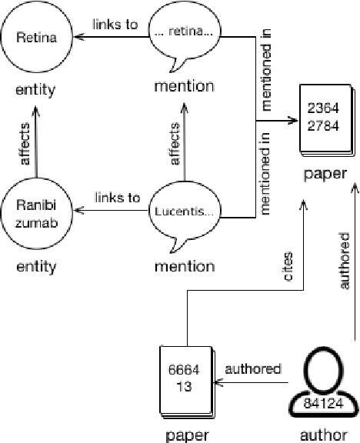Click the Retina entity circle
[36, 36]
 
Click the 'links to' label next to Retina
[115, 24]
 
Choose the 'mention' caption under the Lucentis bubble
[184, 267]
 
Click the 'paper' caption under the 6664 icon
[187, 435]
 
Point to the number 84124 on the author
[323, 401]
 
